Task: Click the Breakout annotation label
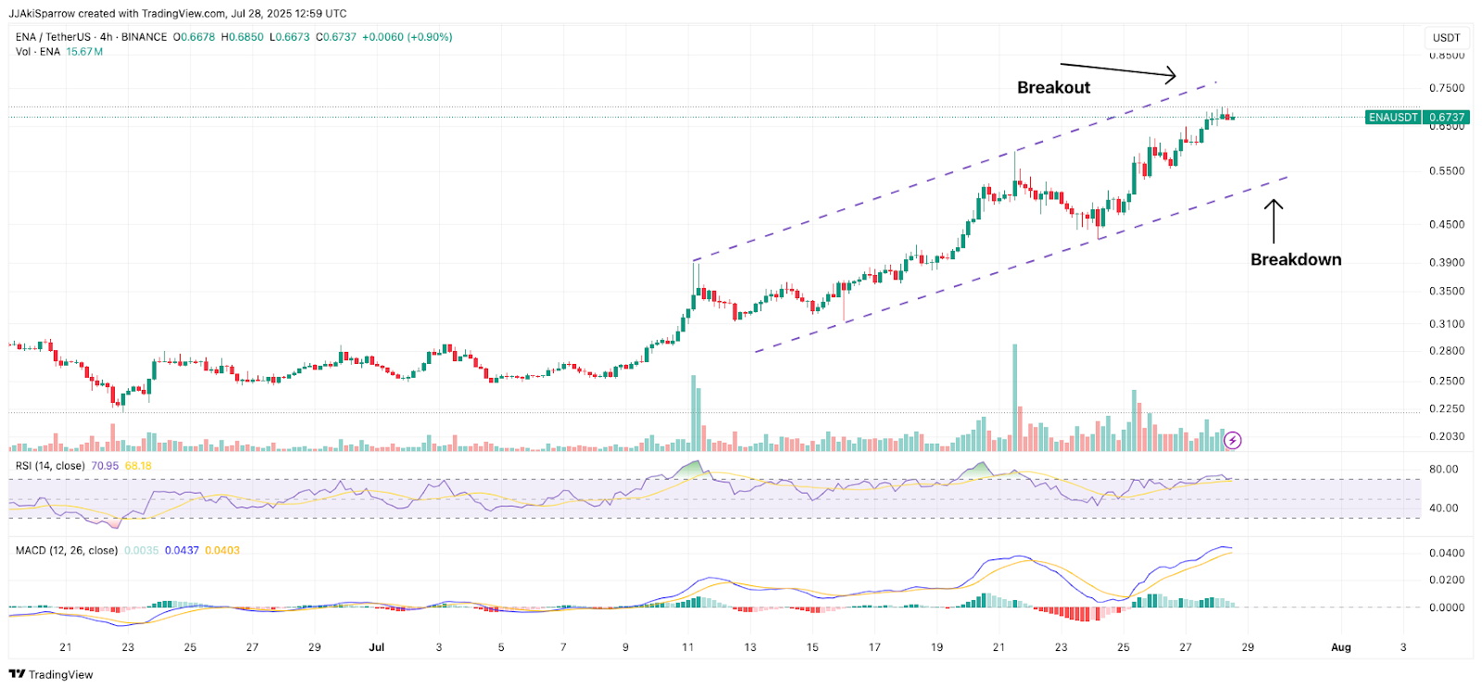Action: pos(1053,87)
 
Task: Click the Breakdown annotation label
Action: pos(1295,259)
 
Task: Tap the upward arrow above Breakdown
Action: pos(1275,220)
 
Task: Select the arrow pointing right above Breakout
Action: pos(1118,70)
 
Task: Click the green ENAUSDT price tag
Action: pos(1416,118)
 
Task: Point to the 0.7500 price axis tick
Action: pos(1447,88)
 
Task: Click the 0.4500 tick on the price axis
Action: pos(1447,224)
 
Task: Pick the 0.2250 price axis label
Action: pos(1447,408)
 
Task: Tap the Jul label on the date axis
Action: pos(376,647)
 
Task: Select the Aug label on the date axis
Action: pos(1340,647)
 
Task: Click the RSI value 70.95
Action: pos(105,466)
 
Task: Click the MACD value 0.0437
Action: pos(182,550)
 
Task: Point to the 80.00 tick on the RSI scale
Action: pos(1443,470)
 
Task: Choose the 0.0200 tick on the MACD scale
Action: pos(1447,580)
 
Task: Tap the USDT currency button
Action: pos(1446,38)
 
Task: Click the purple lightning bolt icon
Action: pos(1232,441)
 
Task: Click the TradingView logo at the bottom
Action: pos(52,674)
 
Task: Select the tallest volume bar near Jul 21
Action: pos(1015,398)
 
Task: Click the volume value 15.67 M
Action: pos(84,52)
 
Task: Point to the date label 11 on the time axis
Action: pos(687,647)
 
